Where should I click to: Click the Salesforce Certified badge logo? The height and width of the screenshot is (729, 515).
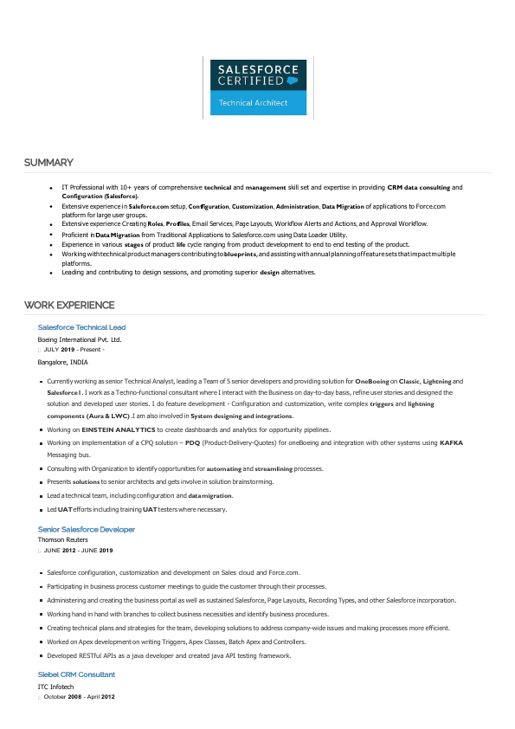point(258,87)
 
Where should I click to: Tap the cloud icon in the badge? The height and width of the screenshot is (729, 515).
point(293,80)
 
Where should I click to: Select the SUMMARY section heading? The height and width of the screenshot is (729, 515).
point(48,163)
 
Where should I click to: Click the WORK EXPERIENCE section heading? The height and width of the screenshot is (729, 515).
point(69,305)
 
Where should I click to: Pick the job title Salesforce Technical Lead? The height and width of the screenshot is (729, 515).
point(81,327)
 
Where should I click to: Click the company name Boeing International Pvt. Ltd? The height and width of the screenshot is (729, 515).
point(80,340)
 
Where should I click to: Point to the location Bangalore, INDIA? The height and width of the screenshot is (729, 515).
point(63,362)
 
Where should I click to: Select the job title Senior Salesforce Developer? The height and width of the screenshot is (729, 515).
point(87,529)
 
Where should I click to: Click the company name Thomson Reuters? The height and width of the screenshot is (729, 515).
point(63,539)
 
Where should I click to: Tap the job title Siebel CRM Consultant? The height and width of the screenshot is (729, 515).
point(76,674)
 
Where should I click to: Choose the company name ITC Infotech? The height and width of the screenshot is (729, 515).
point(55,687)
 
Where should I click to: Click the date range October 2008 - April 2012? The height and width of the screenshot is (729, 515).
point(80,696)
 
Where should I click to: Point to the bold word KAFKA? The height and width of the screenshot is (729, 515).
point(451,442)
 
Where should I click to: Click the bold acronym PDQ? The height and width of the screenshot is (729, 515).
point(192,442)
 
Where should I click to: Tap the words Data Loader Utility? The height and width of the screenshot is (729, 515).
point(319,235)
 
